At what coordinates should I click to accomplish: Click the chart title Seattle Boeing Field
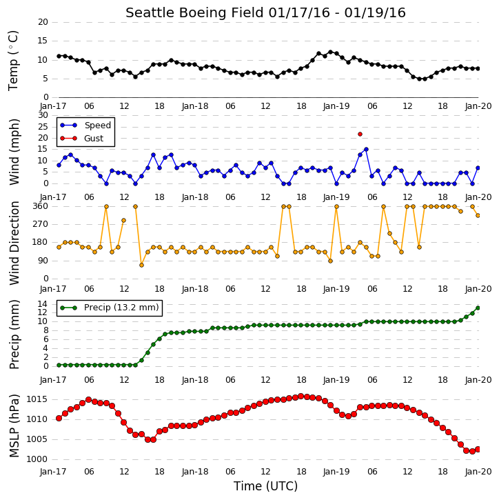coord(194,13)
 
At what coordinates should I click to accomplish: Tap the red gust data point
coord(360,134)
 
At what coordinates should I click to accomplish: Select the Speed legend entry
coord(85,126)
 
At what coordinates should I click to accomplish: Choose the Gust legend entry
coord(81,139)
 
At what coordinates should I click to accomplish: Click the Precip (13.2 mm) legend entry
coord(110,308)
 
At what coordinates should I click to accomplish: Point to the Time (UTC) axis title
coord(265,486)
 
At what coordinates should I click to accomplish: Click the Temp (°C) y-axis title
coord(14,61)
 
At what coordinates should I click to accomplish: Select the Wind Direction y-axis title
coord(14,243)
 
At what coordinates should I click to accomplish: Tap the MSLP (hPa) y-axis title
coord(14,426)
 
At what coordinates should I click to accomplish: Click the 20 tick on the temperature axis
coord(43,22)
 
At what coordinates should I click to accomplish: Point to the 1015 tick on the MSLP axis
coord(37,399)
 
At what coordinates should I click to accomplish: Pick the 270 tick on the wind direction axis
coord(41,224)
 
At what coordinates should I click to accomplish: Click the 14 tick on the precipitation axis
coord(43,304)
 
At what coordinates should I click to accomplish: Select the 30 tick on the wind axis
coord(43,115)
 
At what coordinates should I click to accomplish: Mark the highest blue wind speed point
coord(366,149)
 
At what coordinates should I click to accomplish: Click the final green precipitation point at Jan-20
coord(478,308)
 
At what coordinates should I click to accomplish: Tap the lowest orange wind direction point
coord(141,266)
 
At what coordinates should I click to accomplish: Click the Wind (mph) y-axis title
coord(14,152)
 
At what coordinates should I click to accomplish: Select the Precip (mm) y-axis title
coord(14,334)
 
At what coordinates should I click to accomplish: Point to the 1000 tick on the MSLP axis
coord(37,459)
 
